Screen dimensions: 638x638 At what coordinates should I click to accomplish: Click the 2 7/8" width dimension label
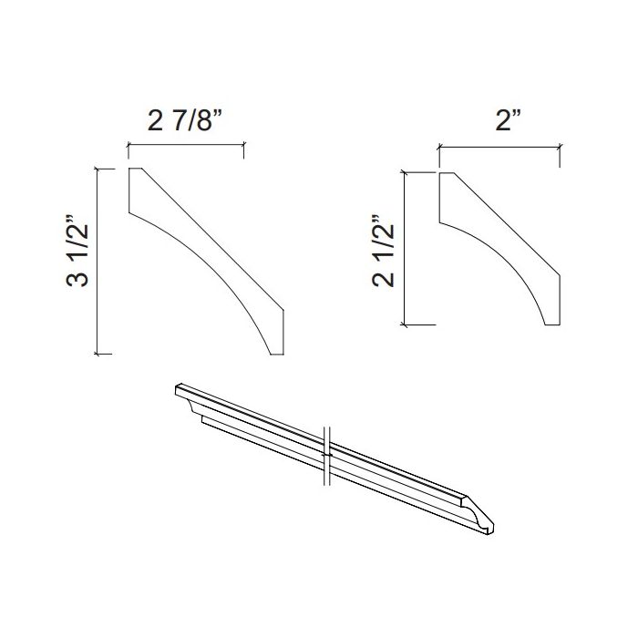coord(185,122)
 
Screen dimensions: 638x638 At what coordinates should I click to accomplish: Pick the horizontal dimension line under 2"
coord(499,144)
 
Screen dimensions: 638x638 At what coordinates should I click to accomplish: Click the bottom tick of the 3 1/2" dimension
coord(103,353)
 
